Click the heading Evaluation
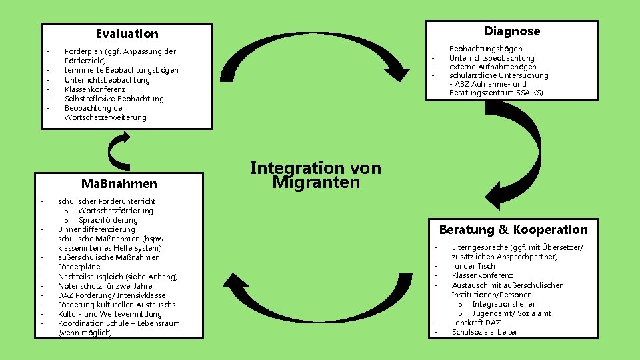(127, 34)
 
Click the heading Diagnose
(512, 31)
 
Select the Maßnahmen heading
(119, 184)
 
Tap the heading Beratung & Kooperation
(513, 230)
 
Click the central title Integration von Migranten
(315, 175)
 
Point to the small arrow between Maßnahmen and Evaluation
(120, 151)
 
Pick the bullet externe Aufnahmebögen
(483, 67)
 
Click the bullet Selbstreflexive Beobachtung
(113, 99)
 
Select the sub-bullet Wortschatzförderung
(115, 211)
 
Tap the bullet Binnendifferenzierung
(96, 229)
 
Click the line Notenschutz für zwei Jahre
(105, 286)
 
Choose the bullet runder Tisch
(473, 266)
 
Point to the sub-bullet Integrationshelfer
(503, 304)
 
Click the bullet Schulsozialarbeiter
(484, 332)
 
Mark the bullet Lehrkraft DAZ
(476, 323)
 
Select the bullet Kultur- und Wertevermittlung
(109, 314)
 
